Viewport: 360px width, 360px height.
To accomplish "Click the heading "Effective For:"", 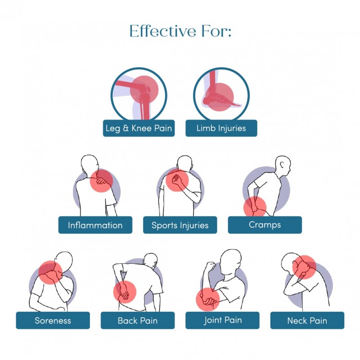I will pos(180,31).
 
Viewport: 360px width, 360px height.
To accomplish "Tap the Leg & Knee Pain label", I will pos(138,128).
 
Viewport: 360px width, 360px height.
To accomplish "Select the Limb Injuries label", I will pos(221,128).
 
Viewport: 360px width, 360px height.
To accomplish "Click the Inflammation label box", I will pos(95,225).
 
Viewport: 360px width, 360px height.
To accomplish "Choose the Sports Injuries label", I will pos(180,225).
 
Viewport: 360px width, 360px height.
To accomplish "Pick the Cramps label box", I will pos(265,225).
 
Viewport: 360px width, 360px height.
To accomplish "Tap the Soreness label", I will pos(53,321).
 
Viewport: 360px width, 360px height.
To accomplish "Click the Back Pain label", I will pos(137,321).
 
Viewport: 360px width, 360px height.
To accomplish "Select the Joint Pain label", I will pos(222,320).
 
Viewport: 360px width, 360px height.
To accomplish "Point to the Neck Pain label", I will pos(307,321).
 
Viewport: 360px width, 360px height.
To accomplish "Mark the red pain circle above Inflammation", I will pos(102,181).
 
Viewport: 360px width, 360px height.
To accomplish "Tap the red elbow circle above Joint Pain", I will pos(208,299).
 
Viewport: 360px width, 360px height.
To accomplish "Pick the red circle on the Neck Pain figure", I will pos(304,267).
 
